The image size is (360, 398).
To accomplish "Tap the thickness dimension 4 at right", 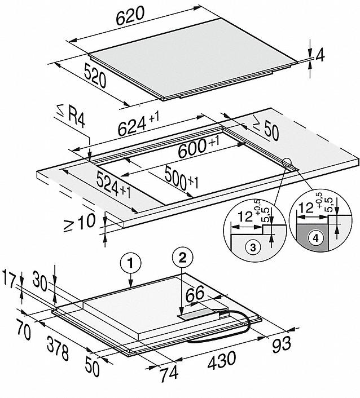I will click(320, 56).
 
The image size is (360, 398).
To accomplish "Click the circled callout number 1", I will click(130, 262).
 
